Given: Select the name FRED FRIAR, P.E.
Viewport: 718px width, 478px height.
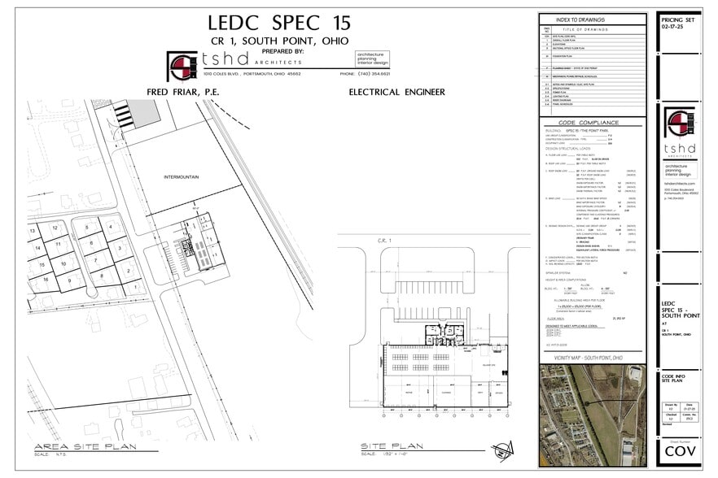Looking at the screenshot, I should pos(182,92).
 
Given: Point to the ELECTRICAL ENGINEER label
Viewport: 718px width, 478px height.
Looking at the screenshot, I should pos(396,92).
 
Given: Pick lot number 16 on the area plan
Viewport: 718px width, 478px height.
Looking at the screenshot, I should pos(46,280).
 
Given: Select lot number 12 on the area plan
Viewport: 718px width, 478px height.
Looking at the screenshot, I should pos(55,228).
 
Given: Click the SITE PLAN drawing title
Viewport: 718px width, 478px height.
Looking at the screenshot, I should pos(393,446).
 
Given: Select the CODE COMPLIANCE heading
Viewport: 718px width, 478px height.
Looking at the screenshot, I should pos(592,123).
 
